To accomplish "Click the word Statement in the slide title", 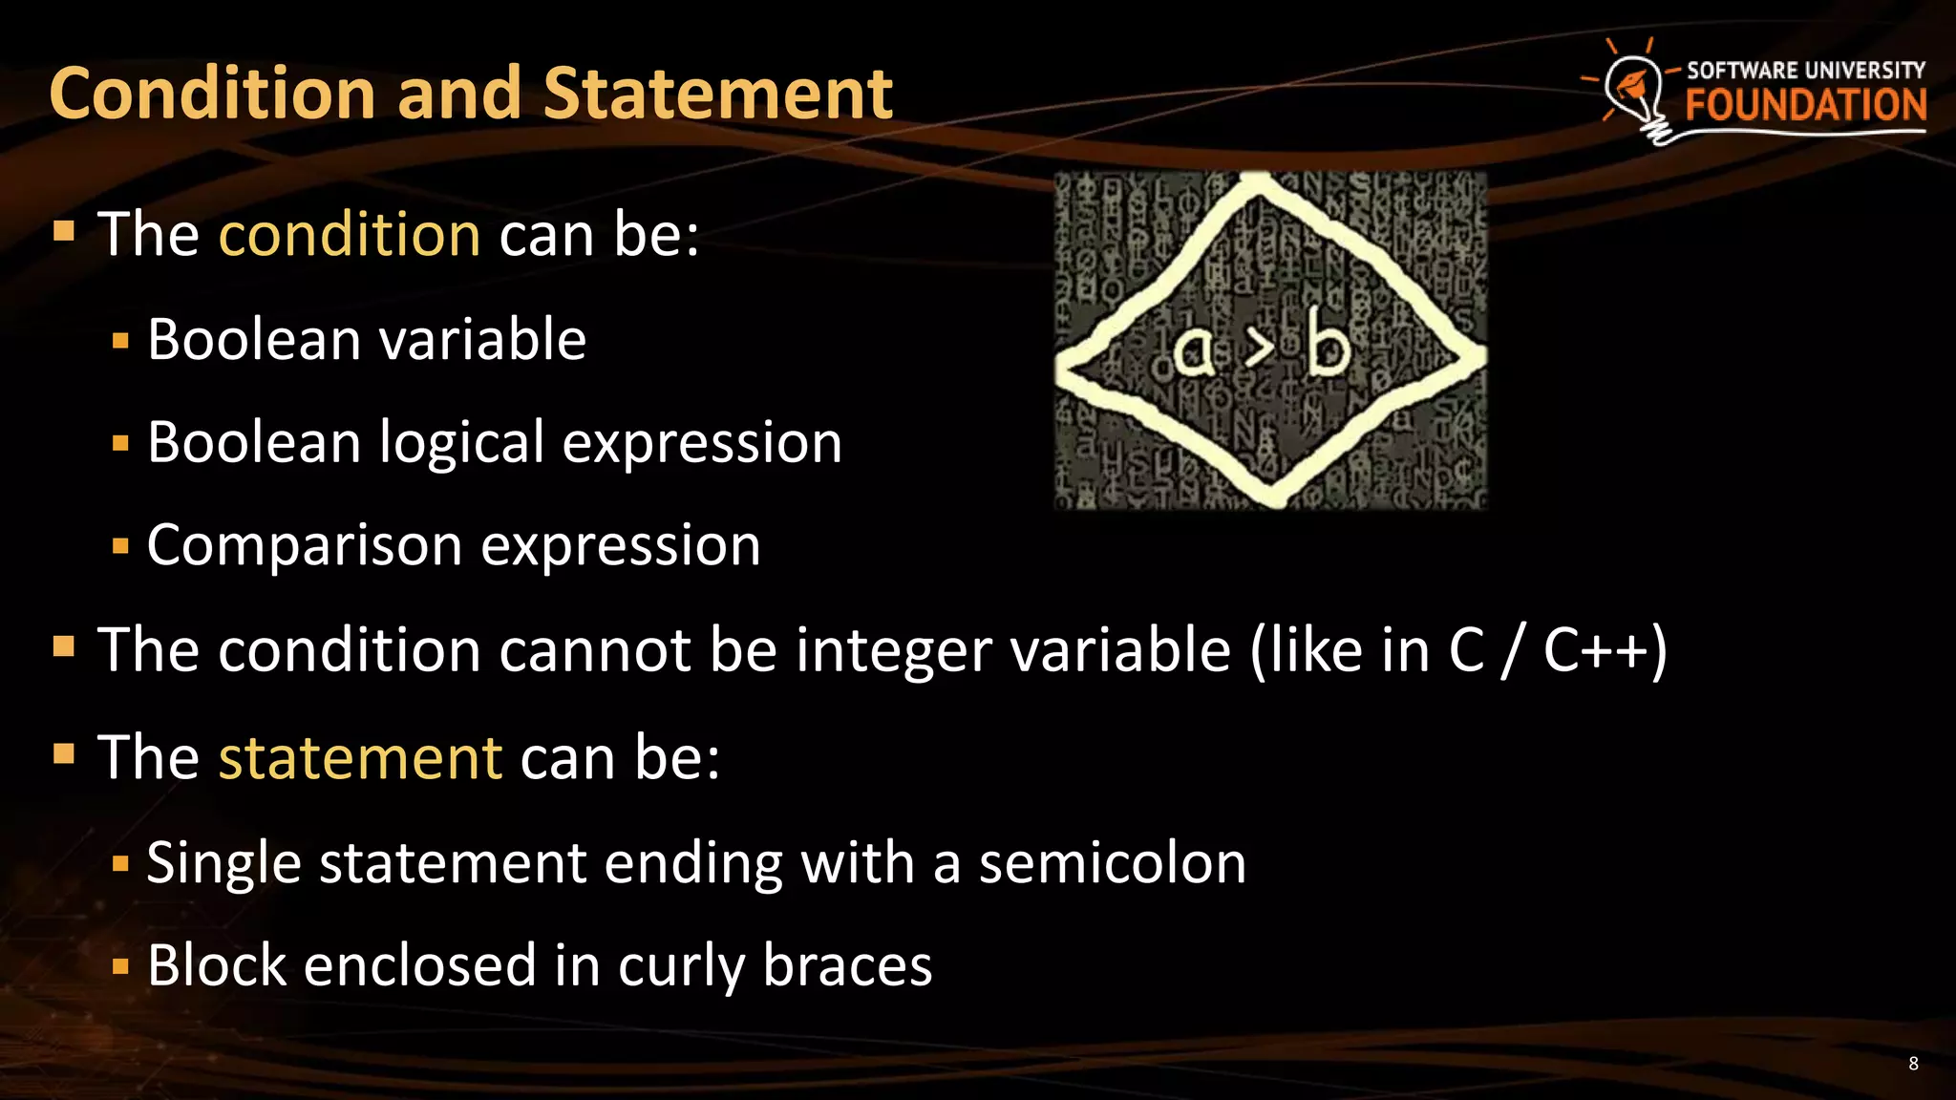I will point(717,94).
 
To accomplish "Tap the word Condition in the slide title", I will point(212,94).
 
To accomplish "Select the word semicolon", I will point(1113,863).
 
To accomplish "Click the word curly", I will point(681,965).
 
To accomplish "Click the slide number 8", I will point(1913,1064).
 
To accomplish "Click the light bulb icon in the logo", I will point(1634,92).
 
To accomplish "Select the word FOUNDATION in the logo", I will point(1805,105).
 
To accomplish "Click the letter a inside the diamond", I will point(1193,351).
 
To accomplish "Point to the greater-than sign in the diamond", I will point(1260,349).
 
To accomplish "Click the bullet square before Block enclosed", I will point(120,966).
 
